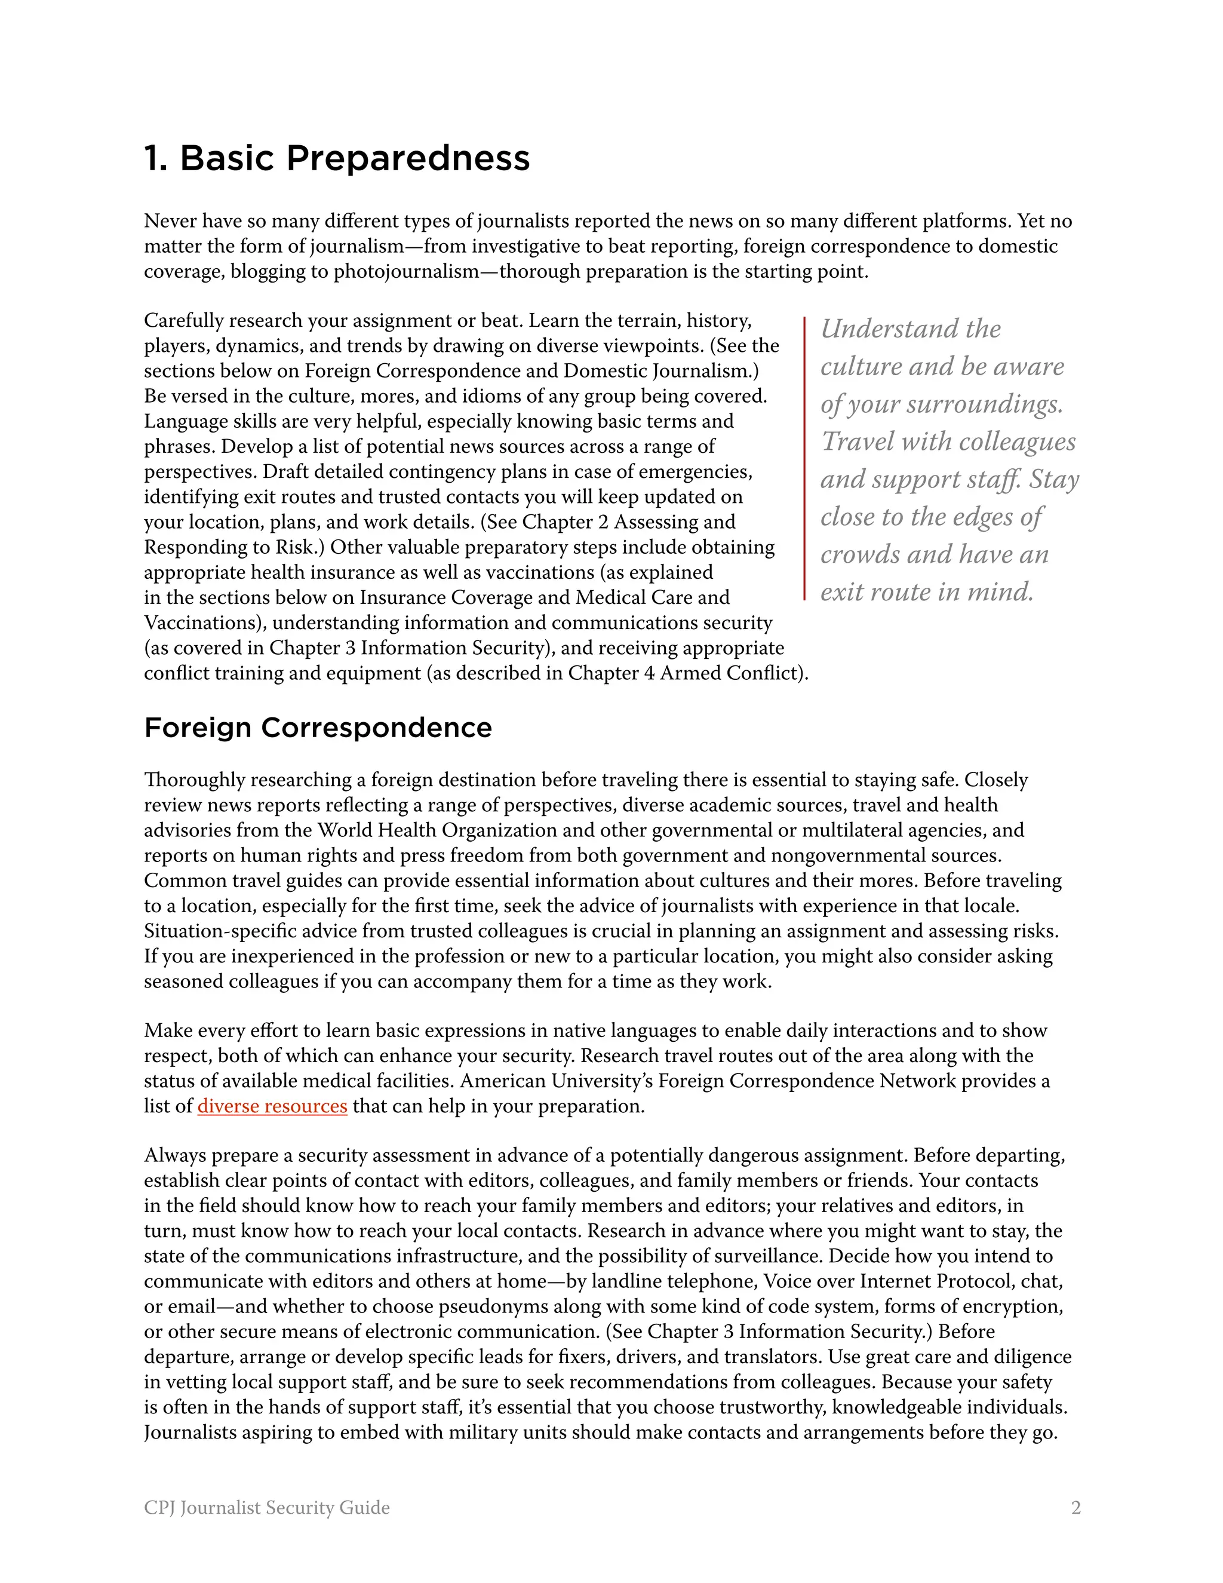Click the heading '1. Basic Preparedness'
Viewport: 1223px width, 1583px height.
click(x=337, y=158)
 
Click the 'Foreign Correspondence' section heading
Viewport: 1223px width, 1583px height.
click(x=318, y=728)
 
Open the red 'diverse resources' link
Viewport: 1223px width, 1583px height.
click(x=272, y=1106)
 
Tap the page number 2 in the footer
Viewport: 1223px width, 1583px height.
click(x=1076, y=1508)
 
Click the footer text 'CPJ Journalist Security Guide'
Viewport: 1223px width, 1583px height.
click(x=266, y=1508)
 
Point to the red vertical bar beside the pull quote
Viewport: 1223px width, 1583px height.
click(x=804, y=458)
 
